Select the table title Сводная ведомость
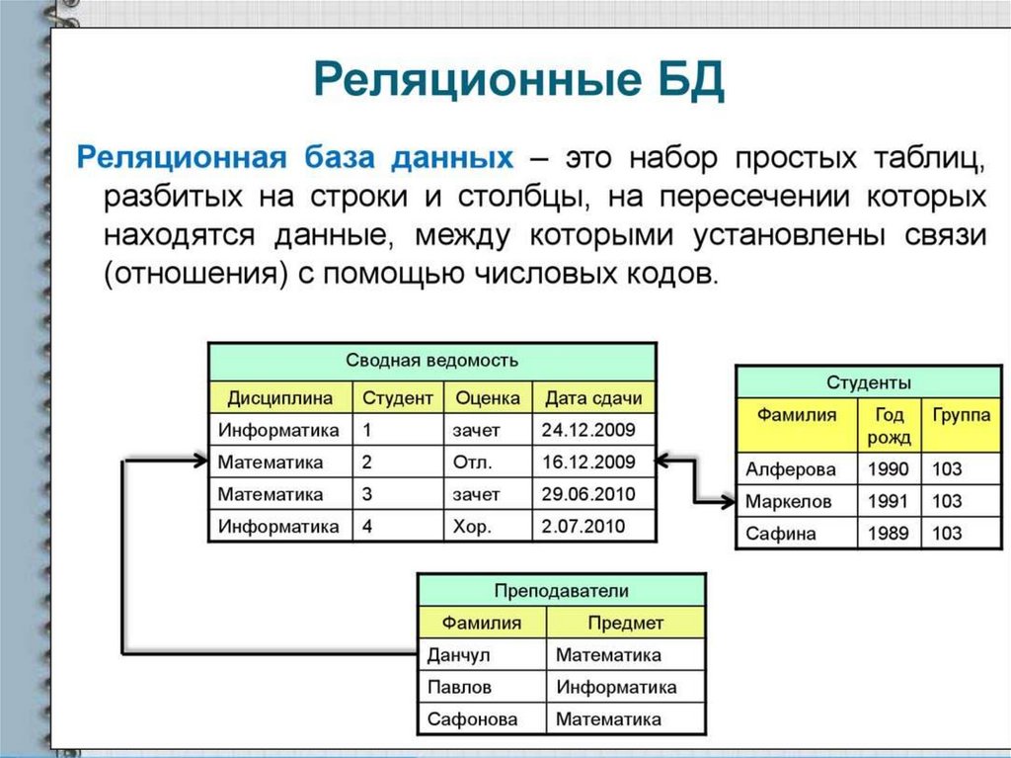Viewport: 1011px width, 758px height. pyautogui.click(x=432, y=361)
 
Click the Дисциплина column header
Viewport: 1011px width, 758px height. pyautogui.click(x=280, y=398)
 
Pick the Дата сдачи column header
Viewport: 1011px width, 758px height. pyautogui.click(x=593, y=398)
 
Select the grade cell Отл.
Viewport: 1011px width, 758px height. pyautogui.click(x=473, y=462)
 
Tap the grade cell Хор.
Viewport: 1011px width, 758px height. pyautogui.click(x=471, y=527)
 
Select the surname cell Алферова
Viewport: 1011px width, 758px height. pyautogui.click(x=790, y=469)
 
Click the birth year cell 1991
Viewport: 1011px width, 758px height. pyautogui.click(x=888, y=501)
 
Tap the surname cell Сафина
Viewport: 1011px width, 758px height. pyautogui.click(x=781, y=534)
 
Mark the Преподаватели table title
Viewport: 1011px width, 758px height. pyautogui.click(x=561, y=591)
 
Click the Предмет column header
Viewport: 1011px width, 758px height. pyautogui.click(x=625, y=623)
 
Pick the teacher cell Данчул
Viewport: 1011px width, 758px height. pyautogui.click(x=458, y=654)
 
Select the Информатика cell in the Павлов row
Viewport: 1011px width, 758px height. pyautogui.click(x=616, y=687)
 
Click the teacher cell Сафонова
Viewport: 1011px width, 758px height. pyautogui.click(x=472, y=719)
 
